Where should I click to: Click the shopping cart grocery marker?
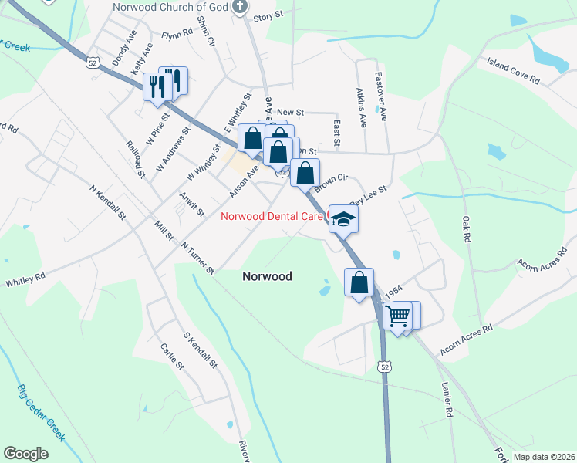[x=398, y=316]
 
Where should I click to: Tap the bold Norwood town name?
[x=267, y=275]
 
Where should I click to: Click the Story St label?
[x=264, y=16]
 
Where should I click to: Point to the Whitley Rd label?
[x=26, y=279]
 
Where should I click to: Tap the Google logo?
[x=25, y=454]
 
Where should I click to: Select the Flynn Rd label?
[x=177, y=35]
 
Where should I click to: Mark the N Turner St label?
[x=198, y=258]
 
